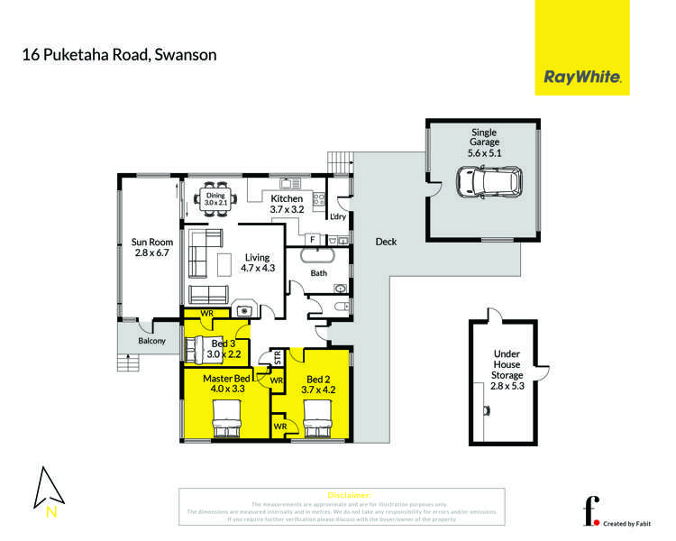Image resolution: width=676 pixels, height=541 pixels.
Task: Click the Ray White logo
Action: click(582, 78)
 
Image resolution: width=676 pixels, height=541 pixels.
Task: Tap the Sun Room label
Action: click(151, 248)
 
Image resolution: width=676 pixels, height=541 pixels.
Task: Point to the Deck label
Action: click(386, 242)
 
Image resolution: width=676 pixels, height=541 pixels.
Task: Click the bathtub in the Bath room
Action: click(319, 256)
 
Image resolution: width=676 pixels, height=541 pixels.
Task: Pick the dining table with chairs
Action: click(215, 198)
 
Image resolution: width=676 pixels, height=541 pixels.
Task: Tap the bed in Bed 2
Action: click(320, 417)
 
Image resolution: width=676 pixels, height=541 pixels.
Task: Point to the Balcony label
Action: click(151, 342)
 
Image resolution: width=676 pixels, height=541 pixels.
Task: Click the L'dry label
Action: click(339, 217)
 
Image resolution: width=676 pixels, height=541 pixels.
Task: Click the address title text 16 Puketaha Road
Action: click(119, 55)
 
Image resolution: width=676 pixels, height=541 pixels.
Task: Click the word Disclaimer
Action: click(349, 495)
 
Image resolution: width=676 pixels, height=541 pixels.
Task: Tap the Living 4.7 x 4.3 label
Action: click(257, 262)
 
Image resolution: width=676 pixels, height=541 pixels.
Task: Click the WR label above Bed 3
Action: click(206, 313)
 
